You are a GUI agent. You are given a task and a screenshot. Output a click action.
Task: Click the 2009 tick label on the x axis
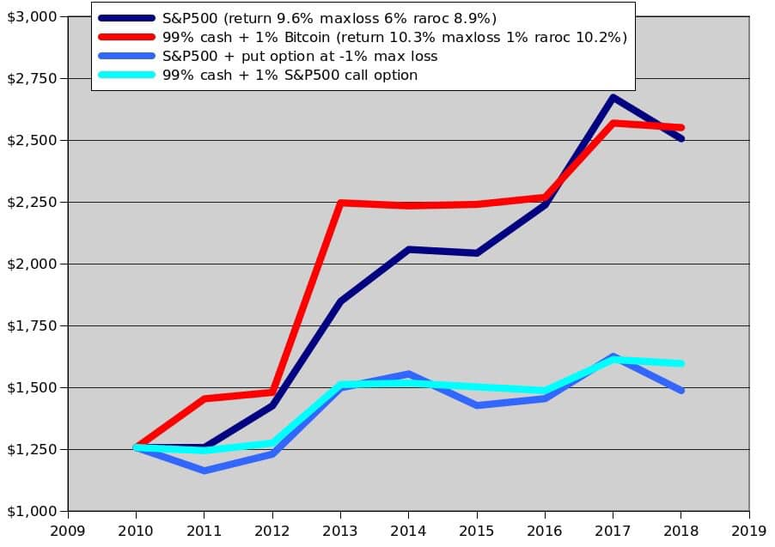pos(68,531)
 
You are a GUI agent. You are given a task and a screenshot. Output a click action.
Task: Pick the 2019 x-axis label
pos(749,531)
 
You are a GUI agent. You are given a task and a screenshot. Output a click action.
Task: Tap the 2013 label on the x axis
pos(340,531)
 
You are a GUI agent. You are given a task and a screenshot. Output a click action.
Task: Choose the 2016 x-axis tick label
pos(545,531)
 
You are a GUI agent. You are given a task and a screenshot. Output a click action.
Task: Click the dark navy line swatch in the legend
pos(126,18)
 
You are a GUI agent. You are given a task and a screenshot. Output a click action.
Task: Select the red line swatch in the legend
pos(126,37)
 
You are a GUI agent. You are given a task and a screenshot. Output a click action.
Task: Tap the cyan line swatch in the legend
pos(126,75)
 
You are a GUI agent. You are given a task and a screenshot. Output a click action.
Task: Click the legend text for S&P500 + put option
pos(300,56)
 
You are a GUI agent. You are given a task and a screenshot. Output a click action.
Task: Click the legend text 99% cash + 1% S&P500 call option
pos(290,75)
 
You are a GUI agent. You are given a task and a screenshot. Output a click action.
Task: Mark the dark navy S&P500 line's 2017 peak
pos(613,97)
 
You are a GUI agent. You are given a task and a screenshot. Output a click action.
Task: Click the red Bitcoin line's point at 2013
pos(340,203)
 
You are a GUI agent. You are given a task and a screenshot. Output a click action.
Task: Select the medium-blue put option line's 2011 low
pos(204,471)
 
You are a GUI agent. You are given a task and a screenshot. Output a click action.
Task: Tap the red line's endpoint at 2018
pos(681,127)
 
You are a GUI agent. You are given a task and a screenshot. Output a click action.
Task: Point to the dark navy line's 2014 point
pos(408,249)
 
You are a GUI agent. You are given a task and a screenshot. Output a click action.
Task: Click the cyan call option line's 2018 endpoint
pos(681,363)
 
